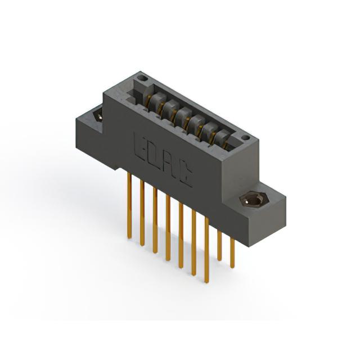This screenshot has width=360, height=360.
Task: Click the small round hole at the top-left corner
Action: (144, 78)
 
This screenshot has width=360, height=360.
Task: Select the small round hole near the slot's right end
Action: (245, 138)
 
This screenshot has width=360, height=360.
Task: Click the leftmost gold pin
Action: (129, 206)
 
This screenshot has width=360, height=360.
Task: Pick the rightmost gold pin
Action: (232, 253)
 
